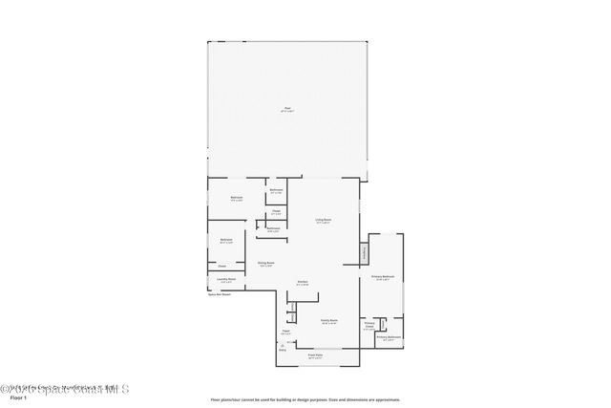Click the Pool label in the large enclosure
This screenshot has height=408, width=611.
pyautogui.click(x=287, y=110)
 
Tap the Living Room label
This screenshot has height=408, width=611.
pyautogui.click(x=324, y=221)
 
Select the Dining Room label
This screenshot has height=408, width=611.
pyautogui.click(x=265, y=264)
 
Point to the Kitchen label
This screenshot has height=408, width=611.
pyautogui.click(x=302, y=282)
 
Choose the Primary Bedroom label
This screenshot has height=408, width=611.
pyautogui.click(x=384, y=277)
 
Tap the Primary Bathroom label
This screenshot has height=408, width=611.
pyautogui.click(x=388, y=337)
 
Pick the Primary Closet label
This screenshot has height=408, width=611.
pyautogui.click(x=369, y=325)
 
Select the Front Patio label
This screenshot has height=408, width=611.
pyautogui.click(x=315, y=356)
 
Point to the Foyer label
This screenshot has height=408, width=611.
pyautogui.click(x=285, y=332)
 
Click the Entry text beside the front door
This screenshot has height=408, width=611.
pyautogui.click(x=283, y=351)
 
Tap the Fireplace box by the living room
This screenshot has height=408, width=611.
pyautogui.click(x=364, y=253)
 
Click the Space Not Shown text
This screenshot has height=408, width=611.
pyautogui.click(x=220, y=294)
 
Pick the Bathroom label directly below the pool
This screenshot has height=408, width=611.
pyautogui.click(x=276, y=191)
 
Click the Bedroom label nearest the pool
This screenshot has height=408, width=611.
pyautogui.click(x=236, y=198)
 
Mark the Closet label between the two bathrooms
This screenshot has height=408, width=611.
pyautogui.click(x=275, y=211)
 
